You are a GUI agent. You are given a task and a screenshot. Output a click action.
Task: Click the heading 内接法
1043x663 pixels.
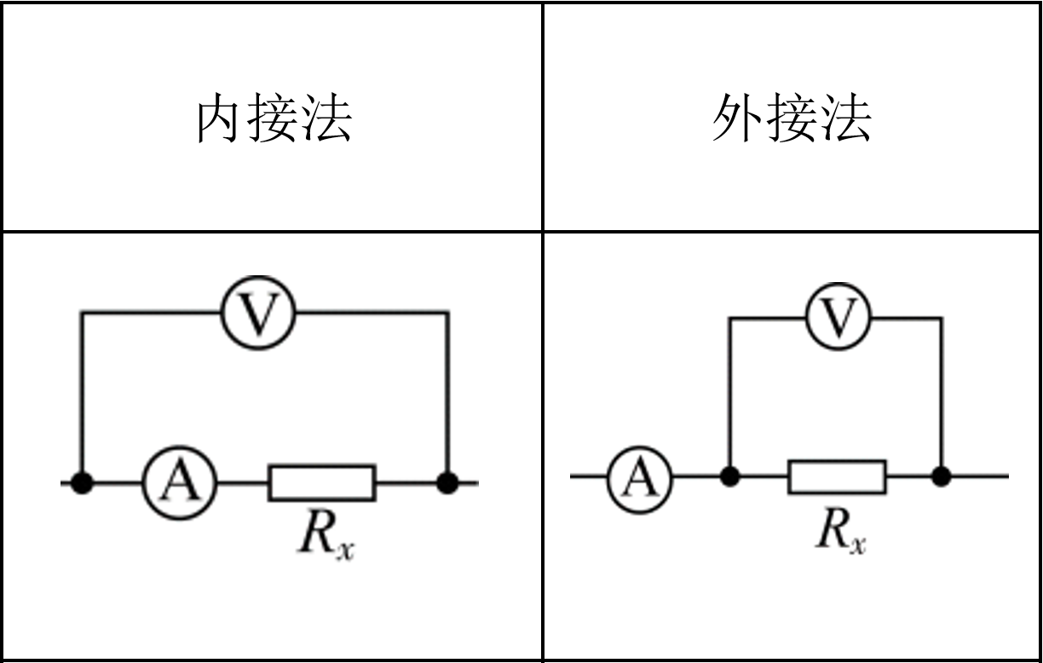pos(274,118)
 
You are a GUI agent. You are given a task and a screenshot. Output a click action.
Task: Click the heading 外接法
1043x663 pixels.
pos(792,118)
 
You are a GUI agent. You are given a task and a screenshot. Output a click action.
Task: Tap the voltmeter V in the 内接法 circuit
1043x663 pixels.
pos(258,314)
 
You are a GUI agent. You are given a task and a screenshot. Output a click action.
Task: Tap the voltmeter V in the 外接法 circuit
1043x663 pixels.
pos(838,317)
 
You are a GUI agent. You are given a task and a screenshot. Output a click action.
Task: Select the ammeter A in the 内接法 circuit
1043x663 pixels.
pos(180,483)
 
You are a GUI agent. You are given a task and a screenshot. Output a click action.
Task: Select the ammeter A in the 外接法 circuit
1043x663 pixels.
pos(639,476)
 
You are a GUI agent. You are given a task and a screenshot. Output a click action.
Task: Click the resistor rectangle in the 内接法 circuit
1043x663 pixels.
pos(322,483)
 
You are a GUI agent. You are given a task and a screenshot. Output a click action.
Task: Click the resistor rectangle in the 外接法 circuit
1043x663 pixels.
pos(837,476)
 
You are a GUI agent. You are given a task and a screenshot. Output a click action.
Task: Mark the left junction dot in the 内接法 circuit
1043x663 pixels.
pos(82,483)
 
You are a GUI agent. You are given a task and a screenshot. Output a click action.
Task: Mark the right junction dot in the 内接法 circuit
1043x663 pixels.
pos(447,483)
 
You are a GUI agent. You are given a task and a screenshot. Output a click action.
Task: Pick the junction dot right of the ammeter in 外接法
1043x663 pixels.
pos(729,476)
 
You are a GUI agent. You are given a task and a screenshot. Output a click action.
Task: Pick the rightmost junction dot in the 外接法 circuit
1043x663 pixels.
pos(941,476)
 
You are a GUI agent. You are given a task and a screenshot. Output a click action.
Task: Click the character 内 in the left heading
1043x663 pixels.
pos(219,118)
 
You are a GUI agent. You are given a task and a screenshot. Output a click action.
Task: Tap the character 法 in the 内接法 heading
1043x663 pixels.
pos(327,118)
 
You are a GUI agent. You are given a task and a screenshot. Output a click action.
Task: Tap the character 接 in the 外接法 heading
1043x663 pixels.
pos(792,118)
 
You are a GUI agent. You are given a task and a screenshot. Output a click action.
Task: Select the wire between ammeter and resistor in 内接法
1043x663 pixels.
pos(243,483)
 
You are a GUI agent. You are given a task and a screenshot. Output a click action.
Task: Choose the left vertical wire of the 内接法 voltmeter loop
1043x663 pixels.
pos(82,392)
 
